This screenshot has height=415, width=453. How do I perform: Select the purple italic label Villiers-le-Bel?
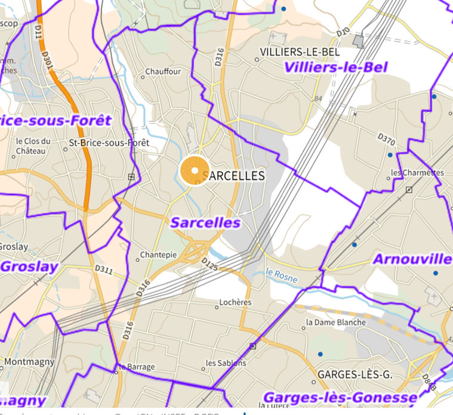coord(336,67)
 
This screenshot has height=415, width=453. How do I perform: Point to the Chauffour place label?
coord(164,72)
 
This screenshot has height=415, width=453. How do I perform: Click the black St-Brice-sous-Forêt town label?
coord(109,143)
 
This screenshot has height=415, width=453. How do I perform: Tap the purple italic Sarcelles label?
coord(205,223)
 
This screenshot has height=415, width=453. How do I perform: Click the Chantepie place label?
coord(158,255)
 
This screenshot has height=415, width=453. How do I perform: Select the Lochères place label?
coord(236,302)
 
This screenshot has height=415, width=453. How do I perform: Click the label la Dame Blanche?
coord(336,323)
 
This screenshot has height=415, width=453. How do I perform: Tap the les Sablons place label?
coord(226,363)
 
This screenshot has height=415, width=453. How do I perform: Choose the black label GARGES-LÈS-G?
coord(355,375)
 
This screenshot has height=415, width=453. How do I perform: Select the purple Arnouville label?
coord(412,259)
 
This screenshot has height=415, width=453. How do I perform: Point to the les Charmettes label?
coord(417,173)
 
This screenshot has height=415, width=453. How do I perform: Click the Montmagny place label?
coord(29,361)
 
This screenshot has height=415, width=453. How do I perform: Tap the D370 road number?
coord(386,140)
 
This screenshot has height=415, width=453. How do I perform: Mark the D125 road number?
coord(209,264)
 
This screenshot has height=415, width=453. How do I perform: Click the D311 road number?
coord(103,271)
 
